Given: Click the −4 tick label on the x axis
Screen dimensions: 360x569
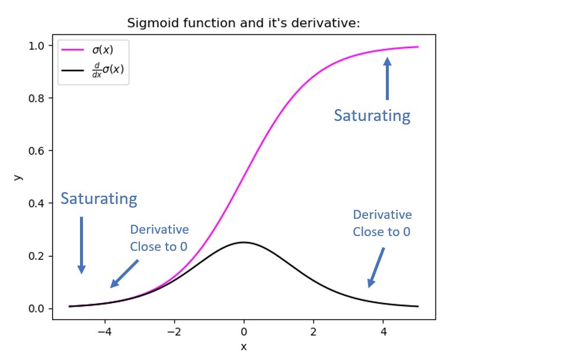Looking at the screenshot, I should coord(105,332).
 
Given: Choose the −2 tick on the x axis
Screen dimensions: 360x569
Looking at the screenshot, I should coord(174,332).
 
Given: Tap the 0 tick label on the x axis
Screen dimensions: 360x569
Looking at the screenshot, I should coord(244,332).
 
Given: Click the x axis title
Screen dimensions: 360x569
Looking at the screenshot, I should coord(244,347).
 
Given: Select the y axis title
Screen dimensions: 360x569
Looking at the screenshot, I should coord(18,177).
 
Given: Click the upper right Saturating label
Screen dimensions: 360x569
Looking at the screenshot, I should coord(372,115).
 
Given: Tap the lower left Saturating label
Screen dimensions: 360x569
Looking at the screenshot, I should coord(99,199).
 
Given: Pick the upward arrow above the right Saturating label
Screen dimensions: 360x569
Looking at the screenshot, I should coord(387,78).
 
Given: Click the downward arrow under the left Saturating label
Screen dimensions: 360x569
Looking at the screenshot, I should coord(82,245).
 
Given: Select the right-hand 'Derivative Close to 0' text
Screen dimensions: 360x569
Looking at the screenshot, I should coord(382,223).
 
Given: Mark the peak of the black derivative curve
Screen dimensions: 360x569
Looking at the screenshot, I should coord(244,242).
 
